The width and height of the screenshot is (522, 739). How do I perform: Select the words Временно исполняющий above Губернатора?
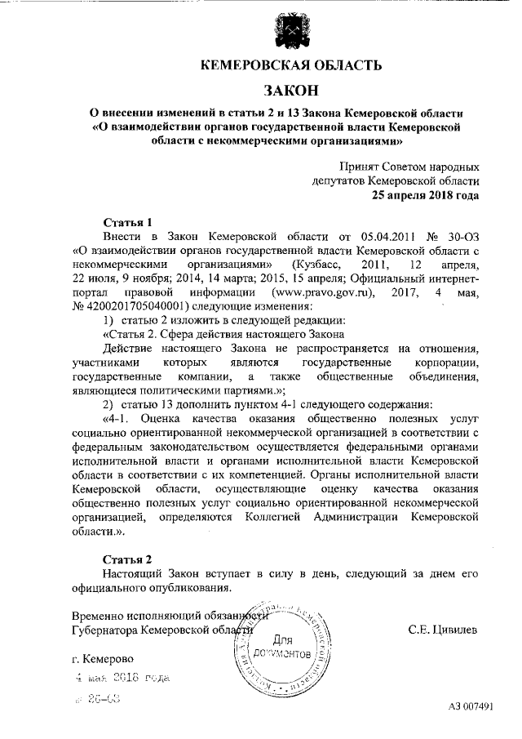126,616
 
